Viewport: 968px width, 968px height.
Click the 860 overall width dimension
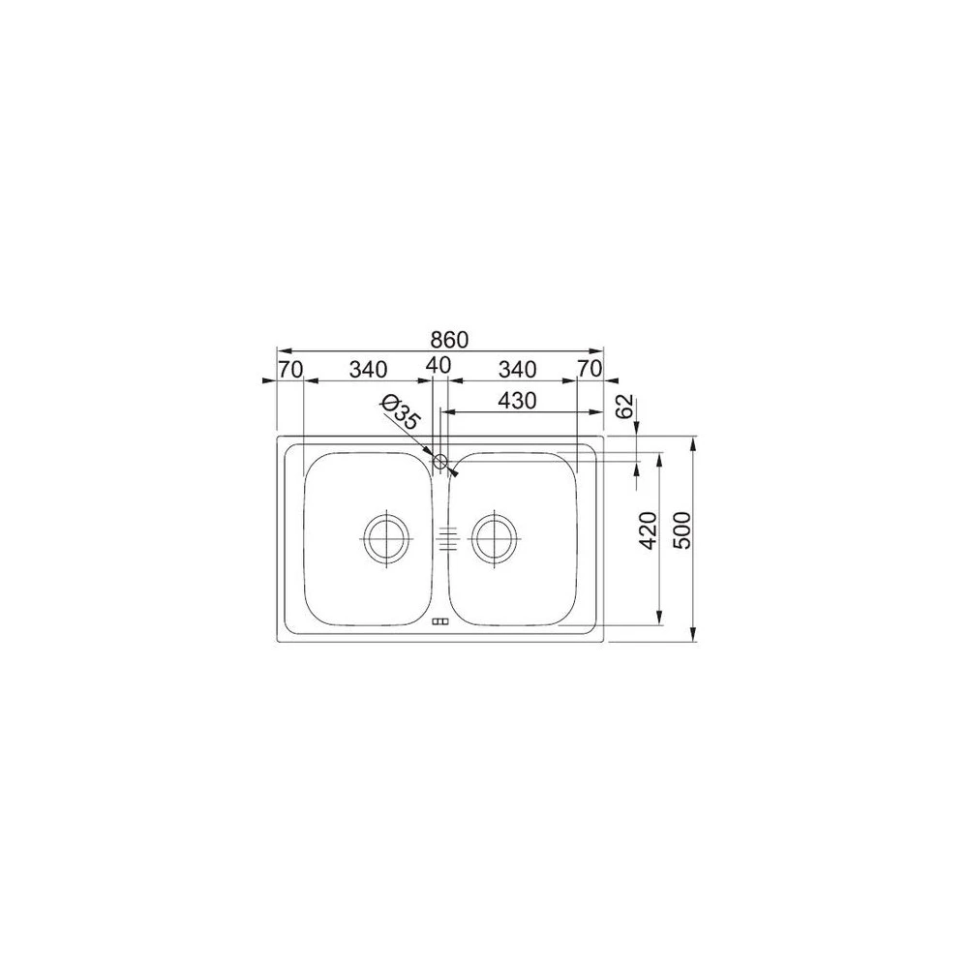click(x=449, y=340)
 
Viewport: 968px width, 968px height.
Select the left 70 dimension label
click(x=290, y=369)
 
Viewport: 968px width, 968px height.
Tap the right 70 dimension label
click(x=589, y=369)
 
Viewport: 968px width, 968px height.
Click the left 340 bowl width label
click(x=369, y=369)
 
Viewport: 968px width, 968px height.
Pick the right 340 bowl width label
click(x=517, y=369)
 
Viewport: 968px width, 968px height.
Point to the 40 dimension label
click(x=439, y=365)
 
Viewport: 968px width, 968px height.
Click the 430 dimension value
click(x=517, y=401)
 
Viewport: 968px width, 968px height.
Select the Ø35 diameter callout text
click(x=401, y=411)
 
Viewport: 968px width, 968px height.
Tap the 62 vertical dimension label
click(x=625, y=407)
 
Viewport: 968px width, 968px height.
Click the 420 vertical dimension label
click(x=647, y=529)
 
